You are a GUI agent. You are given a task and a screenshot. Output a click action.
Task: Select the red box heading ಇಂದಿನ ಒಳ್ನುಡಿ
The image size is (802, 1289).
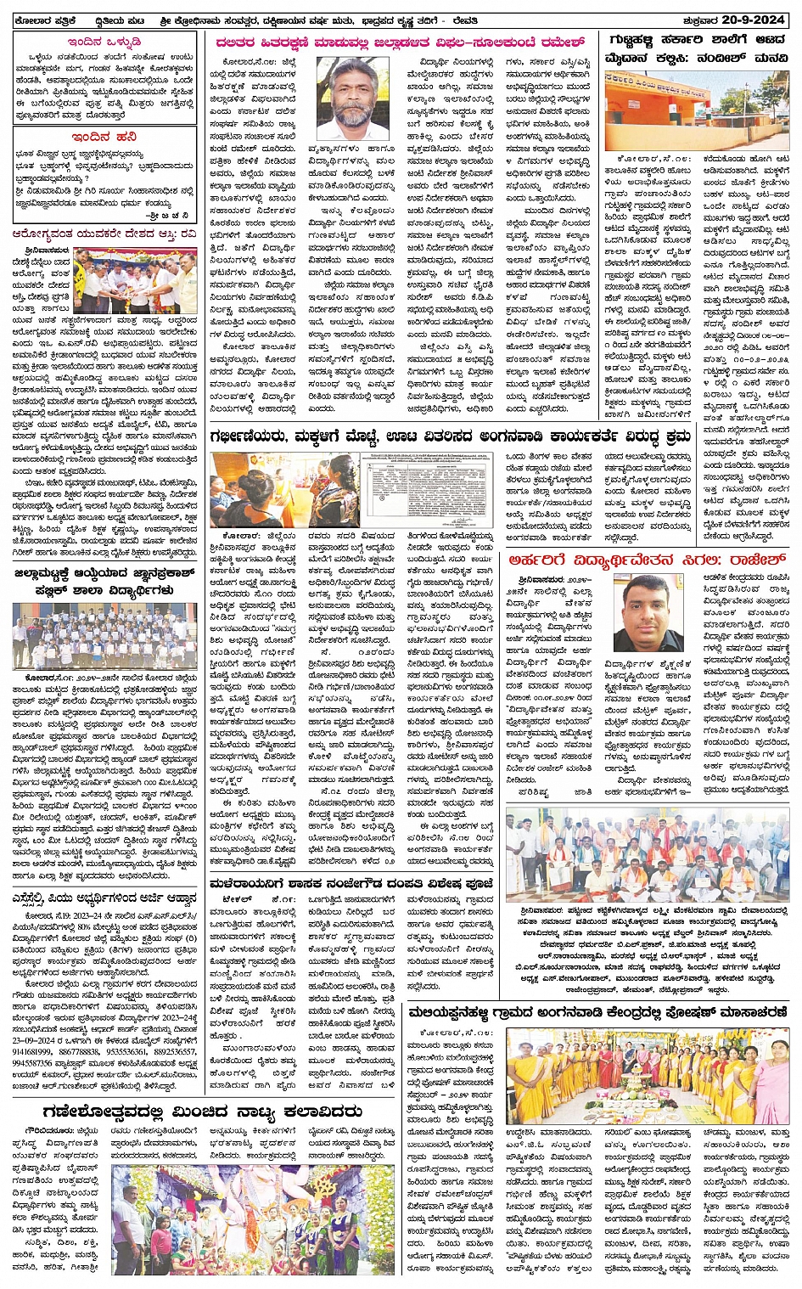[104, 41]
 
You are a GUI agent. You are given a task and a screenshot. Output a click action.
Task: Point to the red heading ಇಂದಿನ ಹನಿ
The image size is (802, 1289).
[104, 135]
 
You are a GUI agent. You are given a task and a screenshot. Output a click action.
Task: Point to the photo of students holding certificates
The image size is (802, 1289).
[104, 637]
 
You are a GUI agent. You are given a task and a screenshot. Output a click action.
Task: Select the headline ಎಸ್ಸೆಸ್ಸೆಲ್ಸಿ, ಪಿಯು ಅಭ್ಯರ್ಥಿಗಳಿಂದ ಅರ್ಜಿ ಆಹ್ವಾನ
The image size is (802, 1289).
[104, 898]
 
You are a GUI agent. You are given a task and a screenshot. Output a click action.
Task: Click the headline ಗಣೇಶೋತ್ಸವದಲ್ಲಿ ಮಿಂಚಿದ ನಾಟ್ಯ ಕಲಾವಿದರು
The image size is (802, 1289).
[199, 1112]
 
